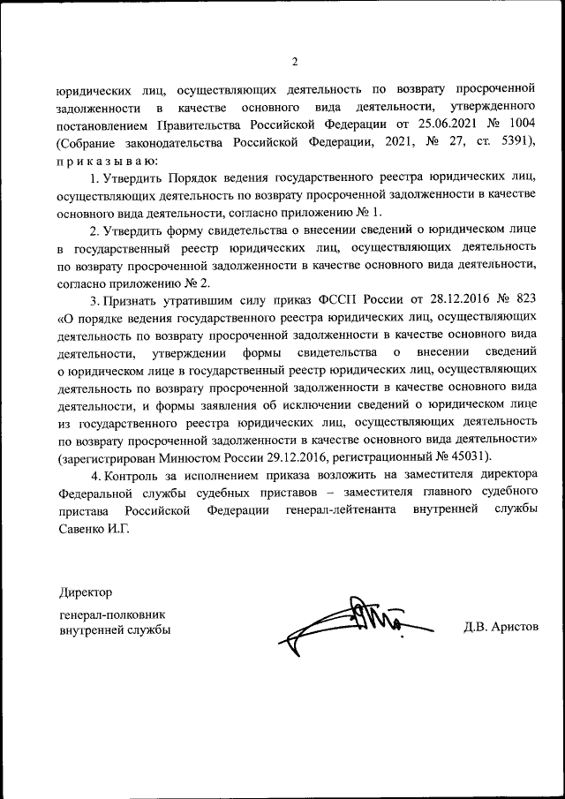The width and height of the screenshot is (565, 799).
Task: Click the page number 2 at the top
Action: [295, 61]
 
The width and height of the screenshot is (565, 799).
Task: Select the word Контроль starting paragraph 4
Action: [132, 477]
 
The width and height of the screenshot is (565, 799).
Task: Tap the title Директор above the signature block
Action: [87, 591]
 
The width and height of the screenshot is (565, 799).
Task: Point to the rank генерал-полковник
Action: [112, 613]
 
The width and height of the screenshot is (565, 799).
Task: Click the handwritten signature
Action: [353, 623]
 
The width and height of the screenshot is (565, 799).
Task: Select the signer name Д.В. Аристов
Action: [500, 627]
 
